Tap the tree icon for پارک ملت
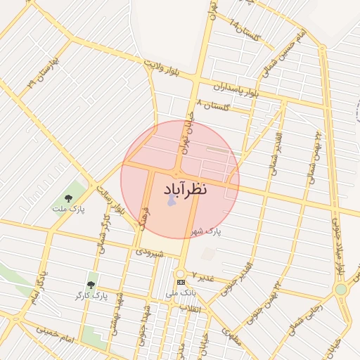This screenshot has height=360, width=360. point(68,198)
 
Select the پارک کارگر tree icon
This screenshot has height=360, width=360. point(91,284)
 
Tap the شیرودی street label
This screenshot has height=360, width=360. point(150,251)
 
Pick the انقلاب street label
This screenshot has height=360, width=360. point(191,308)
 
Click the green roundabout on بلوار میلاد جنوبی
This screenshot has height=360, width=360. point(341,289)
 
